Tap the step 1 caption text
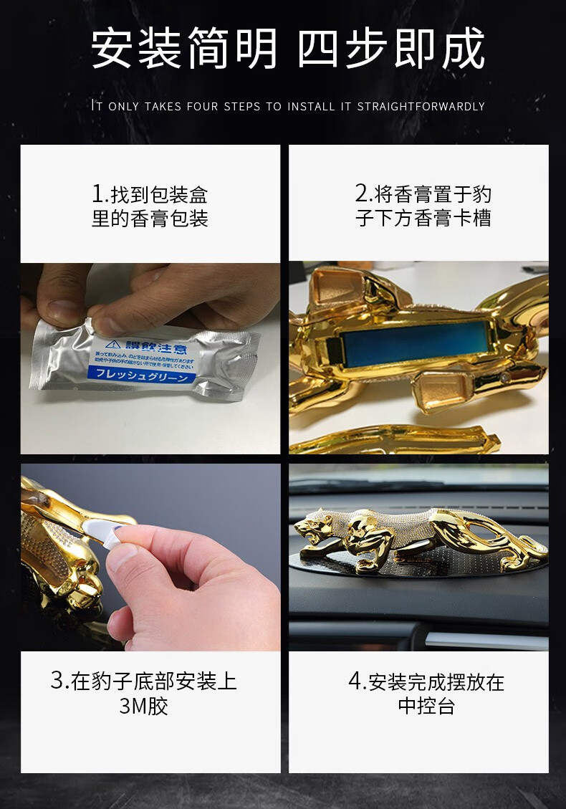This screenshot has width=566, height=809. coord(150,206)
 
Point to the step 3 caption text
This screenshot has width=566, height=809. coord(143,693)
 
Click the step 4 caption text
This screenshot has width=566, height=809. coord(426,693)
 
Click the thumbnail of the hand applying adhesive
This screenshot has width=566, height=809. coord(150,557)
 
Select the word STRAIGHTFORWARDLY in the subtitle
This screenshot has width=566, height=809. coord(421,106)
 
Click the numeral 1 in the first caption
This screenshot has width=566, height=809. coord(98,194)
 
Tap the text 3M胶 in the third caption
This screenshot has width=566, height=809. coord(143,706)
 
